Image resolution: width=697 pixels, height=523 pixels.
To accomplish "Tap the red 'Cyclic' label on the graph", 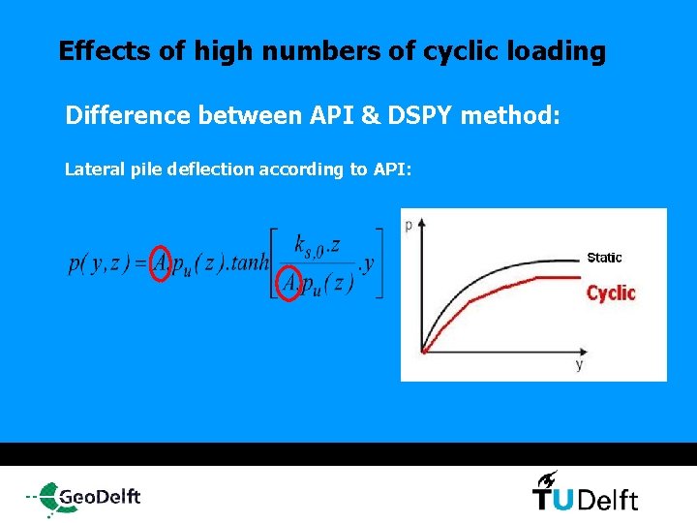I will click(x=611, y=292).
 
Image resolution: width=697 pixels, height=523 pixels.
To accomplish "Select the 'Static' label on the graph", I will click(x=604, y=258).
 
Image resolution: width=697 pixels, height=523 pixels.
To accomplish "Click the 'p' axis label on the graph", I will click(x=409, y=225).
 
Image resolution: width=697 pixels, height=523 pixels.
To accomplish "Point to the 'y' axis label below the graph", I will click(x=579, y=365).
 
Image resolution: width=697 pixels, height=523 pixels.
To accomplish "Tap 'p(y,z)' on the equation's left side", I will click(x=100, y=263).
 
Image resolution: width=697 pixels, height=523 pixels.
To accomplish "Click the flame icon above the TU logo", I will click(x=547, y=477).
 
